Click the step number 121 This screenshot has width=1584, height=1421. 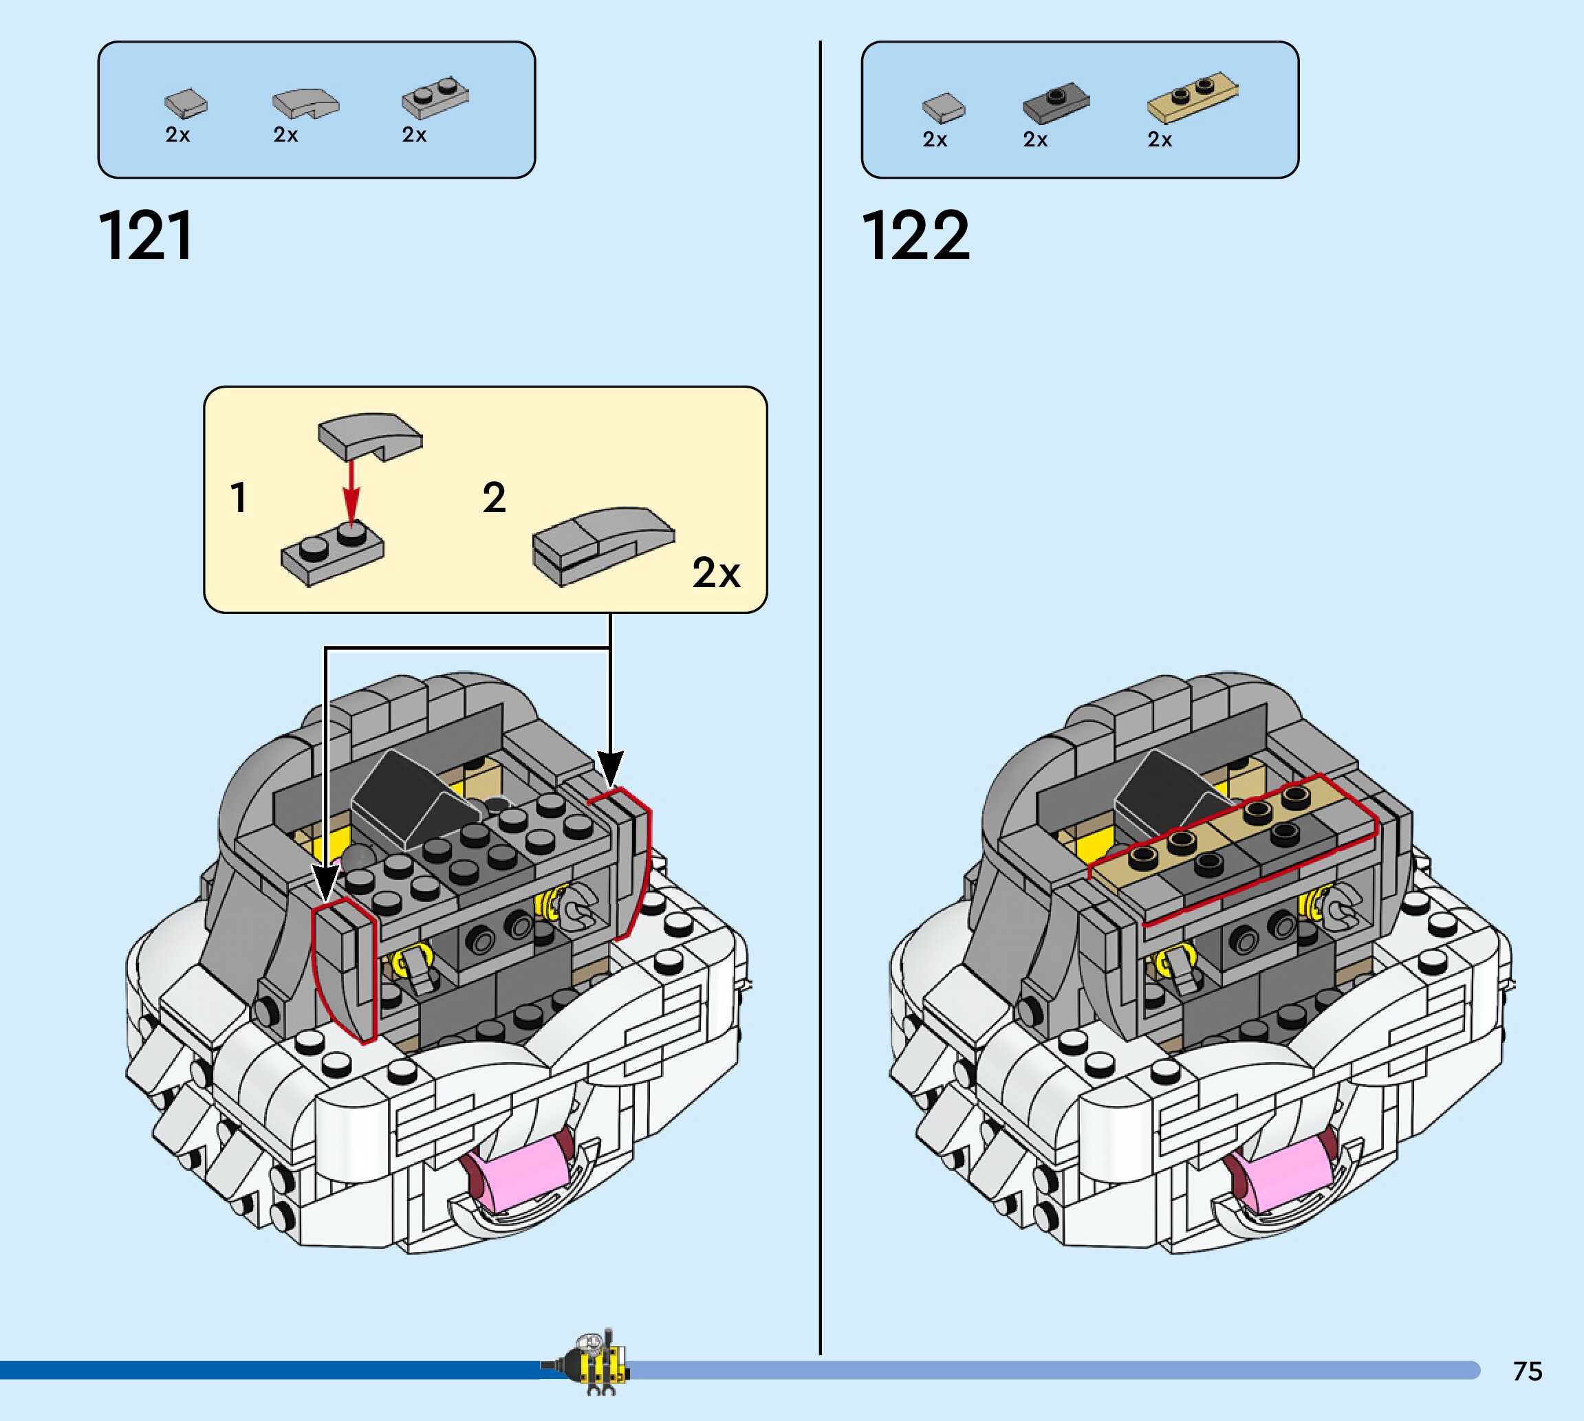[146, 236]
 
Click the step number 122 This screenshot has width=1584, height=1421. [915, 236]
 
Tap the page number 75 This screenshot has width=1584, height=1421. [1527, 1371]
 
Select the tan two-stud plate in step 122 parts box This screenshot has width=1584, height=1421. [1192, 98]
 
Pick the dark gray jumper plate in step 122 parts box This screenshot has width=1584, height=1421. [1055, 102]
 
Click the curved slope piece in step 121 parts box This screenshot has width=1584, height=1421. [305, 102]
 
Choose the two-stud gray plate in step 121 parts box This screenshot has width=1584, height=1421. [435, 98]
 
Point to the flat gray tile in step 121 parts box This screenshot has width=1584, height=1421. [186, 103]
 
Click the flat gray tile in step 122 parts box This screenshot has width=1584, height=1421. [944, 107]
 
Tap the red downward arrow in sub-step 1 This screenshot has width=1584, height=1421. [351, 492]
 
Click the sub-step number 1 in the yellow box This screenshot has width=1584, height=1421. [239, 498]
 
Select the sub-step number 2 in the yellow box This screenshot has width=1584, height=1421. [494, 498]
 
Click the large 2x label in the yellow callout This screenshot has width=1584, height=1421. [715, 573]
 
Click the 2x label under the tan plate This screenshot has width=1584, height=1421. [1159, 140]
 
